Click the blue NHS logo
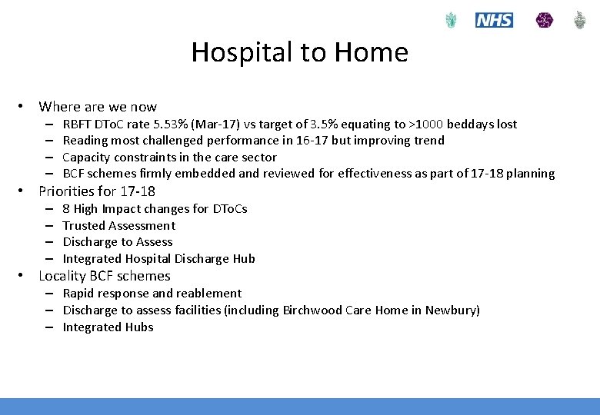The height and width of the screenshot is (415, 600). pos(494,20)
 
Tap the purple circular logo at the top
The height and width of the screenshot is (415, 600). pos(545,20)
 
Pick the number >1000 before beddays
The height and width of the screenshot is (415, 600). pos(426,124)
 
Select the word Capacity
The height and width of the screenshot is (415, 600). pos(87,158)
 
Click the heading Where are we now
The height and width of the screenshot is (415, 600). pos(98,107)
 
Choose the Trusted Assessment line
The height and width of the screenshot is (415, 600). pos(118,226)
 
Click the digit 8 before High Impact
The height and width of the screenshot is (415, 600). pos(66,209)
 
